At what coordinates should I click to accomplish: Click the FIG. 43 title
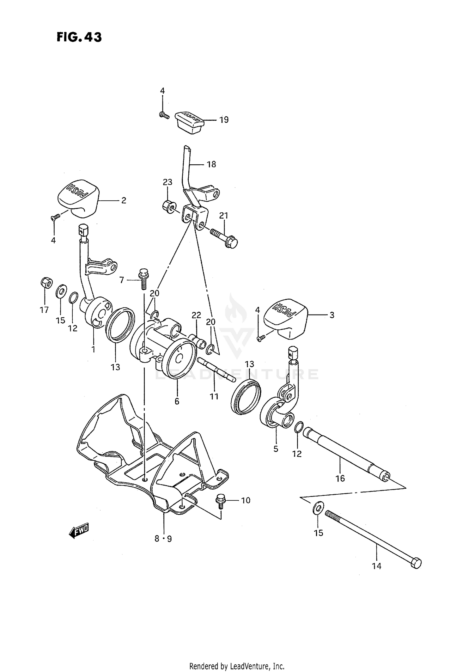tap(79, 37)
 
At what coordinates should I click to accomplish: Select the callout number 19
tap(224, 120)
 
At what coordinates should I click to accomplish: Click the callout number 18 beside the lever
tap(211, 164)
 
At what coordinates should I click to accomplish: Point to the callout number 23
tap(167, 182)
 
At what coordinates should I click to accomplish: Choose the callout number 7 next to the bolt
tap(122, 280)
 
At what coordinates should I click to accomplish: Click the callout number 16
tap(340, 479)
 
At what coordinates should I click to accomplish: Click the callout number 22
tap(196, 315)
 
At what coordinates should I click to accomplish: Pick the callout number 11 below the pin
tap(214, 396)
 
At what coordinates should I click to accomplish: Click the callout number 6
tap(177, 401)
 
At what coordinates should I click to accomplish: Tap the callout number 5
tap(276, 449)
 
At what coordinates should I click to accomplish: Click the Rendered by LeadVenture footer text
tap(237, 667)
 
